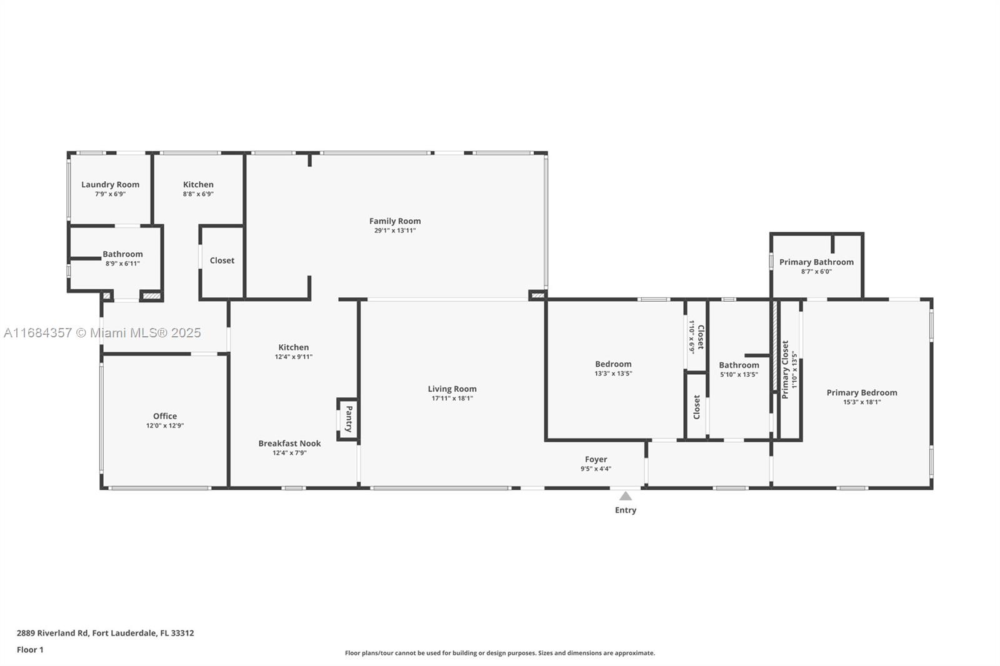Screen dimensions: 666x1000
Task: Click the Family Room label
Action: tap(394, 221)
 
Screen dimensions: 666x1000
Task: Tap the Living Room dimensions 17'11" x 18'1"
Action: tap(452, 399)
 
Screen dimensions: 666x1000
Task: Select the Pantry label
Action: tap(349, 419)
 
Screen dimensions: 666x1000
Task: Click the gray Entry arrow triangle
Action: tap(625, 496)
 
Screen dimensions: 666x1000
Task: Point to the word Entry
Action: tap(625, 510)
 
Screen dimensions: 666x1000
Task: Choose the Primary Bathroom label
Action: tap(816, 262)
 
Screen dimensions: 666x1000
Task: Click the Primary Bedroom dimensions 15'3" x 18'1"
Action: tap(861, 402)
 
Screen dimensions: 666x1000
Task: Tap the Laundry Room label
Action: tap(110, 184)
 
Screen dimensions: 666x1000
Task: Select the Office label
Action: tap(165, 416)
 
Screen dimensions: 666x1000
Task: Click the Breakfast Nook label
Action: tap(289, 444)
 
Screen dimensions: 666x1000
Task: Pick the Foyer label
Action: tap(596, 459)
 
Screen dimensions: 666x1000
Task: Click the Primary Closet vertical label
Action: tap(785, 369)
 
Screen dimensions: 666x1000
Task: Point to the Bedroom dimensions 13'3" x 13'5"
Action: tap(612, 374)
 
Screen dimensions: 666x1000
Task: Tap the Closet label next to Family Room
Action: tap(222, 261)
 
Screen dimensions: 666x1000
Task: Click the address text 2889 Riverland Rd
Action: tap(105, 633)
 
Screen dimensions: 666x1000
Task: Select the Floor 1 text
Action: tap(30, 650)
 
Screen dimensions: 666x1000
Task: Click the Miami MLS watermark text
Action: tap(102, 333)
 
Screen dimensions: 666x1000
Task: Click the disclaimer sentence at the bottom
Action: tap(500, 653)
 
